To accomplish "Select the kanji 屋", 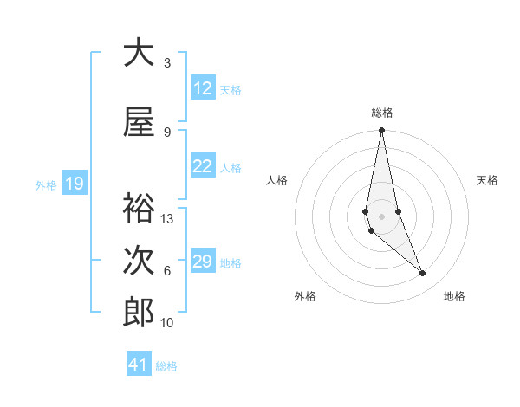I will (139, 123).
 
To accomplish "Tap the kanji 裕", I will (139, 209).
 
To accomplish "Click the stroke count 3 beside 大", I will (167, 63).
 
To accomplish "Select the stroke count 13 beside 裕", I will (168, 219).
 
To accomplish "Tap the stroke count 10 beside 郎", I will (168, 323).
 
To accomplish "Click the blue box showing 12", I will (202, 88).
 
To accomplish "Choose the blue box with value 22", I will (202, 166).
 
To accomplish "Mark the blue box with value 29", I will (202, 262).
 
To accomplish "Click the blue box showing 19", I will (74, 184).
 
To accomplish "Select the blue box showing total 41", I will (139, 365).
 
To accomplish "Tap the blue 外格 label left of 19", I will (46, 184).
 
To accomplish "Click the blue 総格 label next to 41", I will (166, 366).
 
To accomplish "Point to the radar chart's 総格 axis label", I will (382, 113).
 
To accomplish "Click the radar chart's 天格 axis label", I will (487, 180).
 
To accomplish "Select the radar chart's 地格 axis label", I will (454, 296).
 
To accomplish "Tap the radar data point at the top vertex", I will (381, 131).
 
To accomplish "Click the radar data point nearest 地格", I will (423, 274).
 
